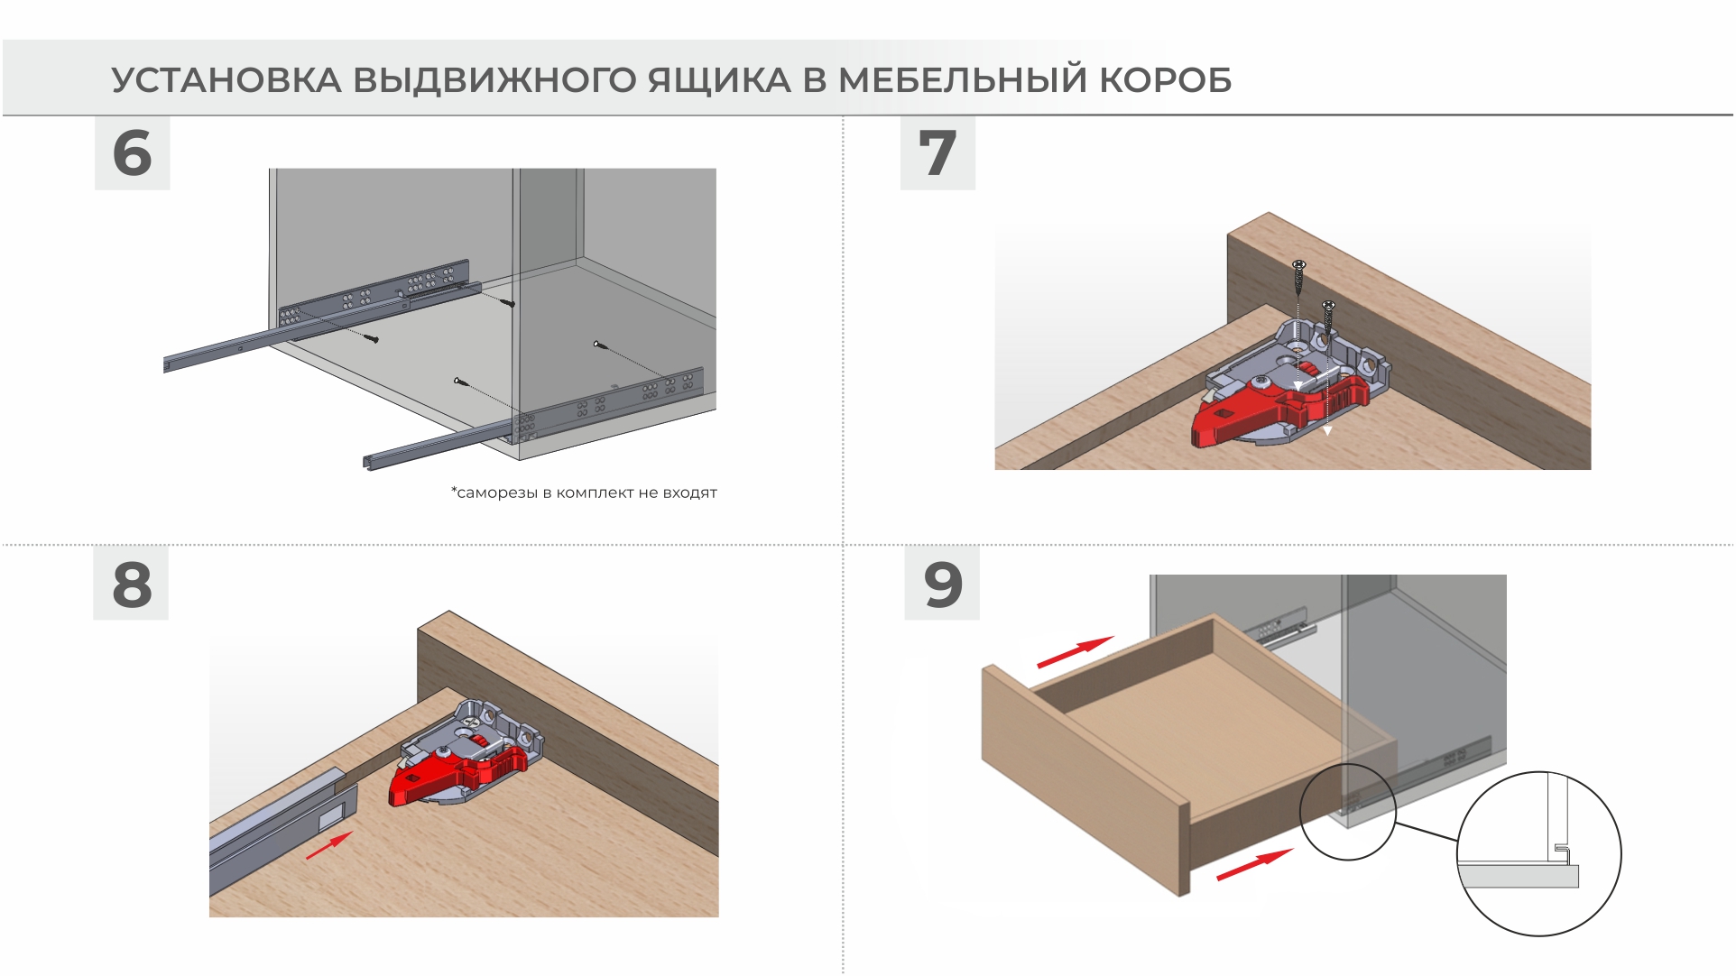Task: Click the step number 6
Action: (132, 152)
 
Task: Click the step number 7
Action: (937, 152)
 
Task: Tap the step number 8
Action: (132, 585)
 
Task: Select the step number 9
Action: (943, 585)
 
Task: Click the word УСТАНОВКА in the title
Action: (226, 80)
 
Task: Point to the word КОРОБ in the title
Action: (1165, 80)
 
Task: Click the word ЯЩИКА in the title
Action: (719, 80)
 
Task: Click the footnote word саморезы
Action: (497, 493)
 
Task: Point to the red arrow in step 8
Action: (329, 846)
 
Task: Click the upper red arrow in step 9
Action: (1076, 652)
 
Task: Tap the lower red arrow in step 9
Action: (1255, 865)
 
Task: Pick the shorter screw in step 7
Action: (1328, 318)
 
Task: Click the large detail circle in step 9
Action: (1539, 853)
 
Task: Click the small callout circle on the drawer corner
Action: (1348, 812)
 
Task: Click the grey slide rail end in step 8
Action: (283, 832)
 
